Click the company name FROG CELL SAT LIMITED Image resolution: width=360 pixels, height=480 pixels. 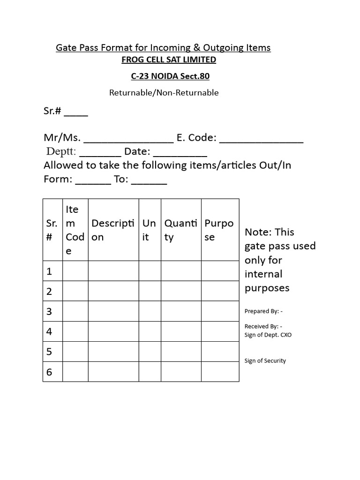pos(169,60)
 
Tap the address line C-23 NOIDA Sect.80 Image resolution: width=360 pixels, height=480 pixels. pos(170,76)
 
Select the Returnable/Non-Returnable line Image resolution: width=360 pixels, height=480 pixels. pos(164,93)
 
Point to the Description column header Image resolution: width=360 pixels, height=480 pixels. pos(113,230)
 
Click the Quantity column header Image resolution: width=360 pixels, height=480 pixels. pos(180,230)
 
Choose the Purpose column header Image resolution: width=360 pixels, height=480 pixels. pos(219,230)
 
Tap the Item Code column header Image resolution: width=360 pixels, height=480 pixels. pos(75,230)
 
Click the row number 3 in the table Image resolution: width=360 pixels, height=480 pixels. pos(49,311)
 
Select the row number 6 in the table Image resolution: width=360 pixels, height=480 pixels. pos(49,372)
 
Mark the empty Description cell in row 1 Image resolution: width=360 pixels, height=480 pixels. pos(113,271)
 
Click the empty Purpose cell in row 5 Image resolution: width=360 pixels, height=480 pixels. pos(220,352)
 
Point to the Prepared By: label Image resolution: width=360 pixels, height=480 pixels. pos(263,311)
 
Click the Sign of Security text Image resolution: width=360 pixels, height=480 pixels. pos(265,361)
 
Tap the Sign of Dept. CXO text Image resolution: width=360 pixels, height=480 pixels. pos(268,335)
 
